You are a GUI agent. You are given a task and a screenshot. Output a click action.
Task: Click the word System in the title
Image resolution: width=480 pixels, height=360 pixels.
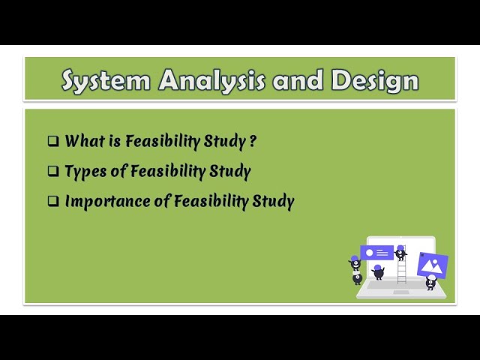[x=105, y=79]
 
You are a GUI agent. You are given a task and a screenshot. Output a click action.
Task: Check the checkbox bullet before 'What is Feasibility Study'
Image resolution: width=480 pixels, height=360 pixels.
[x=53, y=141]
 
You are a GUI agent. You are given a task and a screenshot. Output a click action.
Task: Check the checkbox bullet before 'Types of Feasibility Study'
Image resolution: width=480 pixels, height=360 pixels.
[x=53, y=171]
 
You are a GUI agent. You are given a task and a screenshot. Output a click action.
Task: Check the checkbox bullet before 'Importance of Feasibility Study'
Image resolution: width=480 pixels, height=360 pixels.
[x=53, y=201]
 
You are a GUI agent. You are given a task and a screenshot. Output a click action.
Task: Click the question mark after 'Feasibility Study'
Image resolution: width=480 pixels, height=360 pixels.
[x=253, y=141]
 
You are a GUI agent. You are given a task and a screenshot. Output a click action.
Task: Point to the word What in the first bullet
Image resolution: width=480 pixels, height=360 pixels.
[x=82, y=141]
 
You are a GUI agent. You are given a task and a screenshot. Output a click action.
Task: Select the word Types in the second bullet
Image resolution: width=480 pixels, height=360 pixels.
[x=85, y=171]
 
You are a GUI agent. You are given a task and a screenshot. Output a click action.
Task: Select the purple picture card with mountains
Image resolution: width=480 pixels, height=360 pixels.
[x=432, y=264]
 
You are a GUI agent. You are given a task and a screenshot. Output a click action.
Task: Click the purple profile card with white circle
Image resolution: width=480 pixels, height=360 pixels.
[x=377, y=253]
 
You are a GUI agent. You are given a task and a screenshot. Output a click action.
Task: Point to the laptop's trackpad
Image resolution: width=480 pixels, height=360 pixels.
[x=401, y=292]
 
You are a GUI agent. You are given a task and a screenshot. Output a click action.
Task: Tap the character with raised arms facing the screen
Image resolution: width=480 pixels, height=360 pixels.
[x=379, y=271]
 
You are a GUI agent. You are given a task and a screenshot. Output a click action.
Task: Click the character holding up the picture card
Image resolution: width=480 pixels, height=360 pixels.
[x=430, y=282]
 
